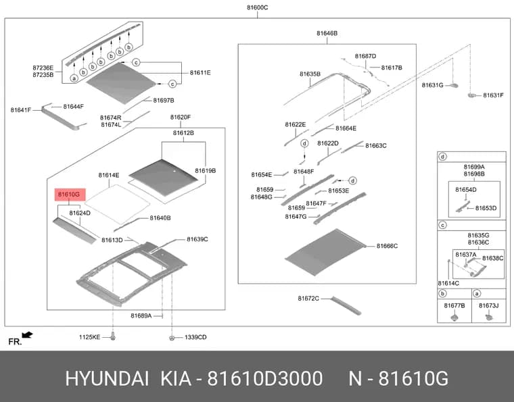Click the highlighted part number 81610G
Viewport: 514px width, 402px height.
[x=69, y=195]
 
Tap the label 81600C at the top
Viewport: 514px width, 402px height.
[x=257, y=7]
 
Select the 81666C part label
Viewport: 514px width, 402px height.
[x=387, y=246]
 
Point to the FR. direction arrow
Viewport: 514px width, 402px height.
[x=27, y=335]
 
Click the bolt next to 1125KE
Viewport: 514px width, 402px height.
[x=113, y=336]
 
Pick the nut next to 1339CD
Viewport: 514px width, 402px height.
[x=171, y=338]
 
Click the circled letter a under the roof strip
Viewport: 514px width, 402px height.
[x=74, y=78]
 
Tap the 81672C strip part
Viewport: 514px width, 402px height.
[x=346, y=306]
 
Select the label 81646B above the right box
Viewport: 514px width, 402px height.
[x=327, y=33]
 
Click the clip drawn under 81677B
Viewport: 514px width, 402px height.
[x=454, y=317]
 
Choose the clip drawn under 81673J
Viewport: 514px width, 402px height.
[x=489, y=317]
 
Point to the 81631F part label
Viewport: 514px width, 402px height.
[x=493, y=95]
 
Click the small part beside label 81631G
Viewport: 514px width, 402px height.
[x=454, y=86]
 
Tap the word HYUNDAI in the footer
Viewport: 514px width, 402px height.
[x=107, y=379]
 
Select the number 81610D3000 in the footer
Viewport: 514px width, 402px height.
[x=265, y=379]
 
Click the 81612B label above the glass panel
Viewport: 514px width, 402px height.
[x=183, y=133]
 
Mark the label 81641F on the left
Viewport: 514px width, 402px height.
[x=21, y=110]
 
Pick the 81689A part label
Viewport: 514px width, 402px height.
[x=141, y=316]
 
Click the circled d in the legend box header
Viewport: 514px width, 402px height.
[x=442, y=157]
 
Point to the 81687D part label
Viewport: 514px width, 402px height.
[x=365, y=56]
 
